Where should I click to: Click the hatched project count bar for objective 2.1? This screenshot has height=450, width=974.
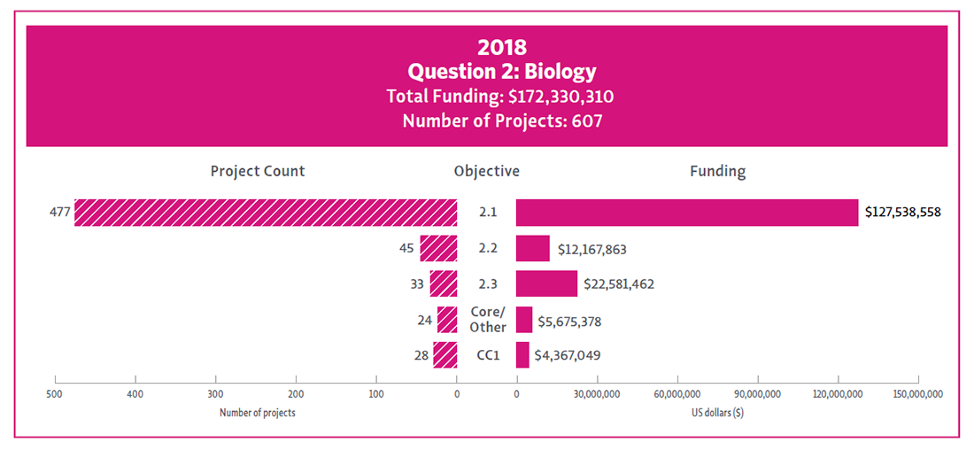(x=266, y=213)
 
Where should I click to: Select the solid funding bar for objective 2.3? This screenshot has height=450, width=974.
(x=546, y=283)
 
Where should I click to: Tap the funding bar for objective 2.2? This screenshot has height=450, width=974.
(x=533, y=249)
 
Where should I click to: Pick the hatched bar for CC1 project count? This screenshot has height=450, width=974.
(x=445, y=355)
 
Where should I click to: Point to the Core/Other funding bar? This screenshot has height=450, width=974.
(x=524, y=320)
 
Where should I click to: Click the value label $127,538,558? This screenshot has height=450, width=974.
(x=902, y=213)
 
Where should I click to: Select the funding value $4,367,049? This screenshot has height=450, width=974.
(x=570, y=355)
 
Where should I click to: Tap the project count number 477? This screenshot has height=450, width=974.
(x=60, y=213)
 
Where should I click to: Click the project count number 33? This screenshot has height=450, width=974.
(x=415, y=284)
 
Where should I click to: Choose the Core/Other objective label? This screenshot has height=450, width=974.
(x=487, y=320)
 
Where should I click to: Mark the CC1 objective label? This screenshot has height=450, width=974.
(x=487, y=355)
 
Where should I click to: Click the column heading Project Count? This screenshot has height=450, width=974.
(x=257, y=172)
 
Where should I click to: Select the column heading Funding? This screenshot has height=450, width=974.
(x=717, y=172)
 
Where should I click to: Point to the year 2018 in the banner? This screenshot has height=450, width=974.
(x=502, y=47)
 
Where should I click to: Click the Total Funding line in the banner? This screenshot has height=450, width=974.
(x=500, y=96)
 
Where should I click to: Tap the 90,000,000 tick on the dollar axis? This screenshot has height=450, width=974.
(x=757, y=394)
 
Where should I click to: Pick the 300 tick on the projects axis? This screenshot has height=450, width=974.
(x=215, y=394)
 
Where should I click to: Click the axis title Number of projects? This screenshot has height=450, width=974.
(x=257, y=413)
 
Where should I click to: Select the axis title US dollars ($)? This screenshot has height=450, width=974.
(x=717, y=413)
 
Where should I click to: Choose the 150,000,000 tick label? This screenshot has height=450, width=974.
(x=918, y=394)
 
